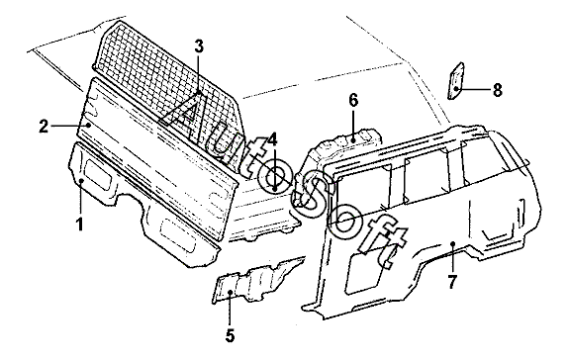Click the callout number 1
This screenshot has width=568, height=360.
pos(80,224)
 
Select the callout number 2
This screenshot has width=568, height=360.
pos(44,126)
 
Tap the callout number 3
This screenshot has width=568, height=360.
pos(199,46)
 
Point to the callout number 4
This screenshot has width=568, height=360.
pos(272,139)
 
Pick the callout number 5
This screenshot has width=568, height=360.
pos(230,335)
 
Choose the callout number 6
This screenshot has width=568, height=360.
pos(353,100)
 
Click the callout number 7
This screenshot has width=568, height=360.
pos(452,282)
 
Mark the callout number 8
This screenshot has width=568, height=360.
pos(498,89)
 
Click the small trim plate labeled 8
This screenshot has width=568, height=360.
pos(456,81)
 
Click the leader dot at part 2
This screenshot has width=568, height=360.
pos(89,125)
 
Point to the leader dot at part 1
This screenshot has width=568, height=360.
pos(81,180)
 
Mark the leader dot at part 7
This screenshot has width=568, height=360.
pos(452,243)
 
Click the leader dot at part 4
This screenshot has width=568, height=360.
pos(275,189)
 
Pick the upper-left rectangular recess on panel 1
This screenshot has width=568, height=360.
pos(99,175)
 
